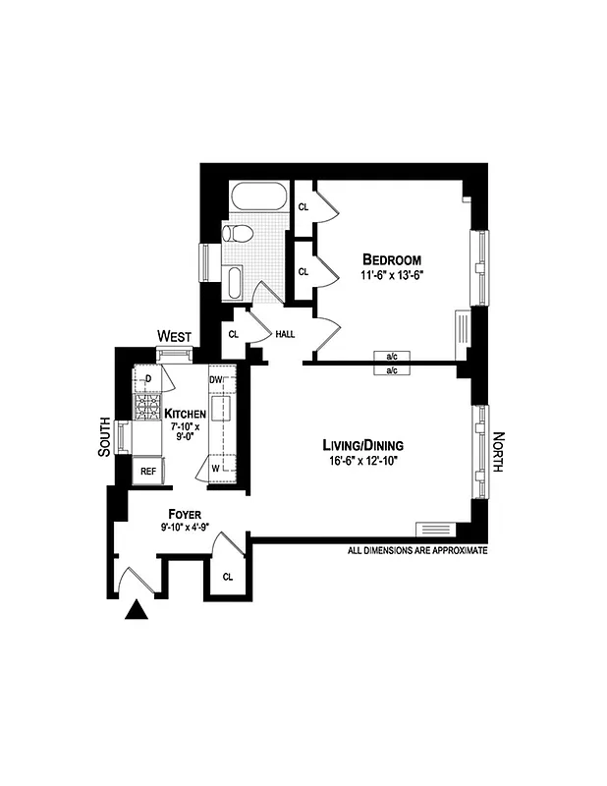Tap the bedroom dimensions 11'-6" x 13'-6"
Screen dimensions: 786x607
392,277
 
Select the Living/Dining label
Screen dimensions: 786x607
366,444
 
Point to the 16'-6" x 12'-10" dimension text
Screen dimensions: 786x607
366,460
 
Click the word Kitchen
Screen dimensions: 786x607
185,414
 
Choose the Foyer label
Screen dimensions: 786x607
185,514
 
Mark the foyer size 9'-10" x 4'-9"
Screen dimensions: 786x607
185,528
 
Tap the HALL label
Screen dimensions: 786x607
285,335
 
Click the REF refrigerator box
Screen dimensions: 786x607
148,472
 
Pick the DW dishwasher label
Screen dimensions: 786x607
216,379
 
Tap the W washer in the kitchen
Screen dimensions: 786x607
216,469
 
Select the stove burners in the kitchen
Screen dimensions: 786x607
148,409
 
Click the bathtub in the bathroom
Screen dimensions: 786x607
258,196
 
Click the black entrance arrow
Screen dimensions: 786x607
138,612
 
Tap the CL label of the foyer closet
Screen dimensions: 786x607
228,577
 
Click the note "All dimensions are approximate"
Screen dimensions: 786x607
417,551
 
